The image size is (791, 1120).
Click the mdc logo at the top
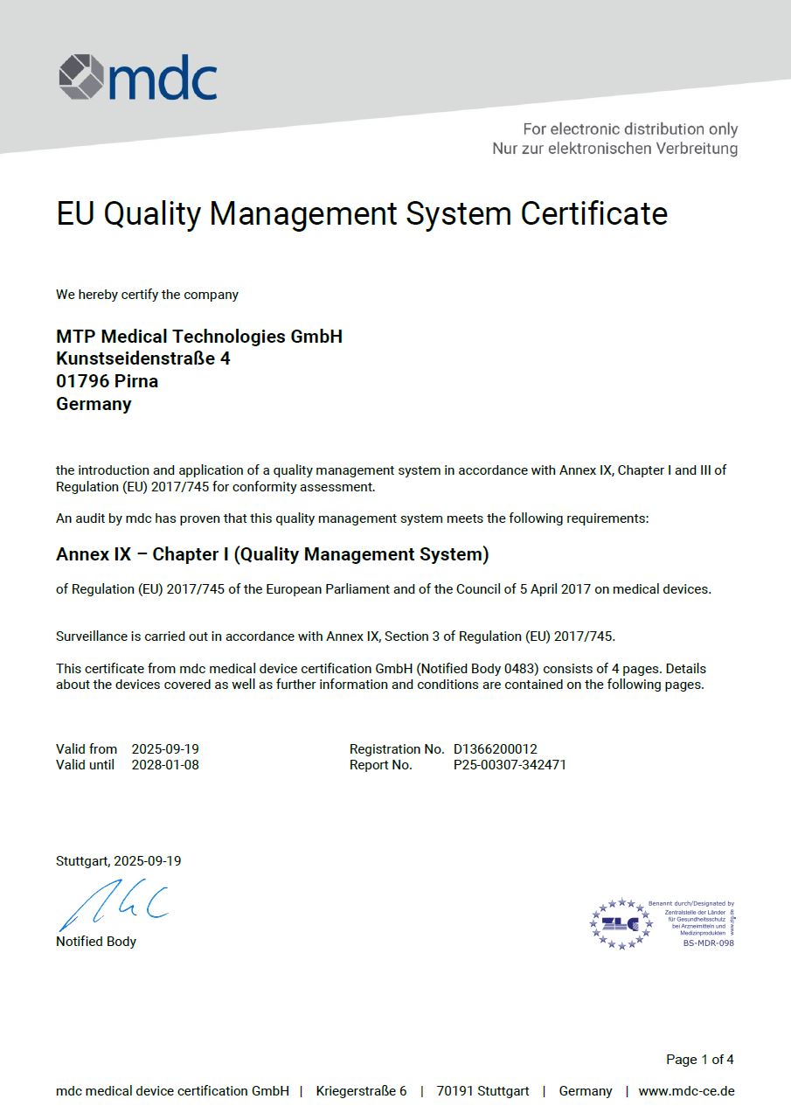[138, 77]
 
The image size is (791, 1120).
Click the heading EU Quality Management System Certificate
[362, 213]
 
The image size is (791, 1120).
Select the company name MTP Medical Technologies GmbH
[199, 337]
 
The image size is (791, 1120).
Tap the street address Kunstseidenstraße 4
[143, 358]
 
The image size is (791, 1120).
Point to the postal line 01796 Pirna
[108, 381]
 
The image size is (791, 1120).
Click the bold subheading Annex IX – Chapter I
[272, 554]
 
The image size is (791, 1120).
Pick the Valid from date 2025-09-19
[165, 749]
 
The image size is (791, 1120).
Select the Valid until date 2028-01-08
[165, 765]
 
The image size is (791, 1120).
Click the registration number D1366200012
[495, 749]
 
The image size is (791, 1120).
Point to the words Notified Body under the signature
[96, 942]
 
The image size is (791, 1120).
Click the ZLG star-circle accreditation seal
[621, 923]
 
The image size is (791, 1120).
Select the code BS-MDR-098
[708, 943]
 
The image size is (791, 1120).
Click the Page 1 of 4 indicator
[699, 1060]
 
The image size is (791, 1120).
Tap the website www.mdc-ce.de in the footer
[686, 1091]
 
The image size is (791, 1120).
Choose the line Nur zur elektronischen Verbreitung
[614, 149]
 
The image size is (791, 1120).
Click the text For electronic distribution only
[629, 129]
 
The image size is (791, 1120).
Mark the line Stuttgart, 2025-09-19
[119, 861]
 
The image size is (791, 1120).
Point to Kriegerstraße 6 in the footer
[361, 1091]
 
